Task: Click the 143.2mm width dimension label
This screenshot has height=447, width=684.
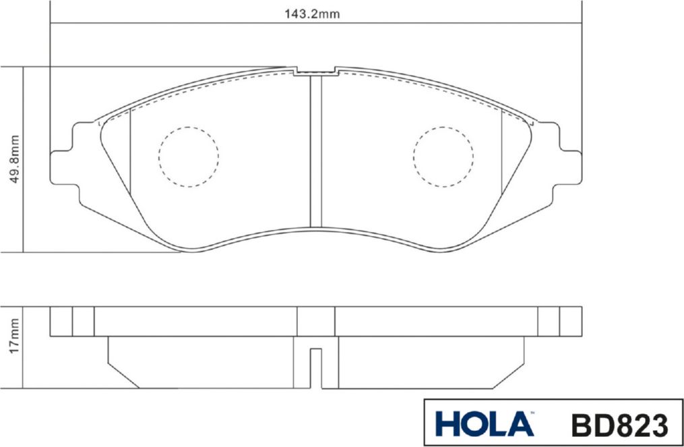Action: (x=312, y=14)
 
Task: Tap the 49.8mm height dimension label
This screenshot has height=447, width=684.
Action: (x=14, y=159)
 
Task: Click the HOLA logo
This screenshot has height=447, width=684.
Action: (x=485, y=423)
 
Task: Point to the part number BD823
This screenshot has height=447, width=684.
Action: (x=620, y=425)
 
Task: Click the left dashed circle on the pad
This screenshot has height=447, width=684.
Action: (x=189, y=156)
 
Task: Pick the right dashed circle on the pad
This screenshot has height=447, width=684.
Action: (x=443, y=156)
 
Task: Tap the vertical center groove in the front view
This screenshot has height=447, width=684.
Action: (x=316, y=151)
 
